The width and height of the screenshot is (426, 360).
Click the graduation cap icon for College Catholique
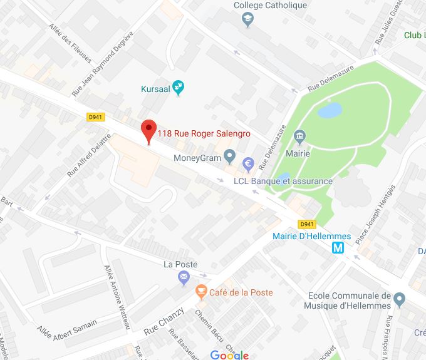tap(247, 20)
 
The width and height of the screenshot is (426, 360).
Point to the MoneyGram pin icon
tap(229, 155)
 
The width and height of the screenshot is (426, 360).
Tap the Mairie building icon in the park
tap(299, 136)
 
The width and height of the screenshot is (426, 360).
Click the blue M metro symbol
tap(338, 248)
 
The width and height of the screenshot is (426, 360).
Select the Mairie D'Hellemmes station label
tap(311, 236)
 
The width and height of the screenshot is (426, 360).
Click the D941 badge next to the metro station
tap(307, 224)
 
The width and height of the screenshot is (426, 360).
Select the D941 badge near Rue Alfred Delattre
tap(96, 116)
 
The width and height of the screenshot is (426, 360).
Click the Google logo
tap(229, 355)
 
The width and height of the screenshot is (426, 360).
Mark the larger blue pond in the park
tap(330, 111)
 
